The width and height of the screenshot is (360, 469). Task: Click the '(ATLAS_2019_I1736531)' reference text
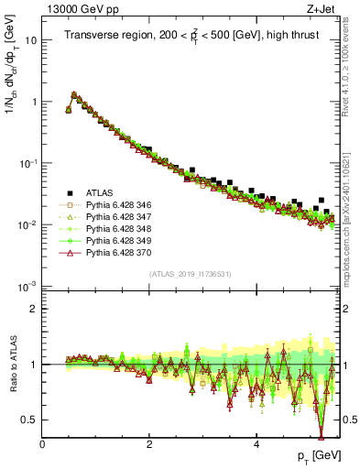(x=191, y=274)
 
